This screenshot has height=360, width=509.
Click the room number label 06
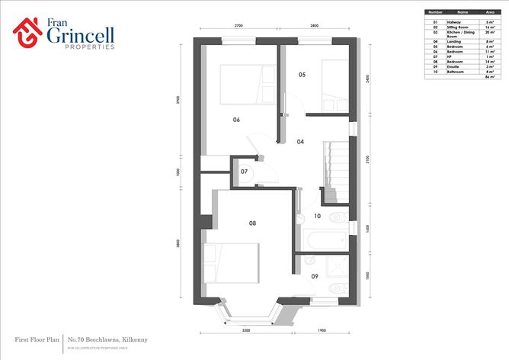click(236, 120)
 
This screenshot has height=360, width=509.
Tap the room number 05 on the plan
click(302, 75)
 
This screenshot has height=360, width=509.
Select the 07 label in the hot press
click(244, 172)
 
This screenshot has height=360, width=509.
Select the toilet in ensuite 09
click(336, 288)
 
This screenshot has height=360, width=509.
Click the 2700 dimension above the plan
click(238, 26)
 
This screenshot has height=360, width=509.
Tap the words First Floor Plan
click(37, 338)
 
